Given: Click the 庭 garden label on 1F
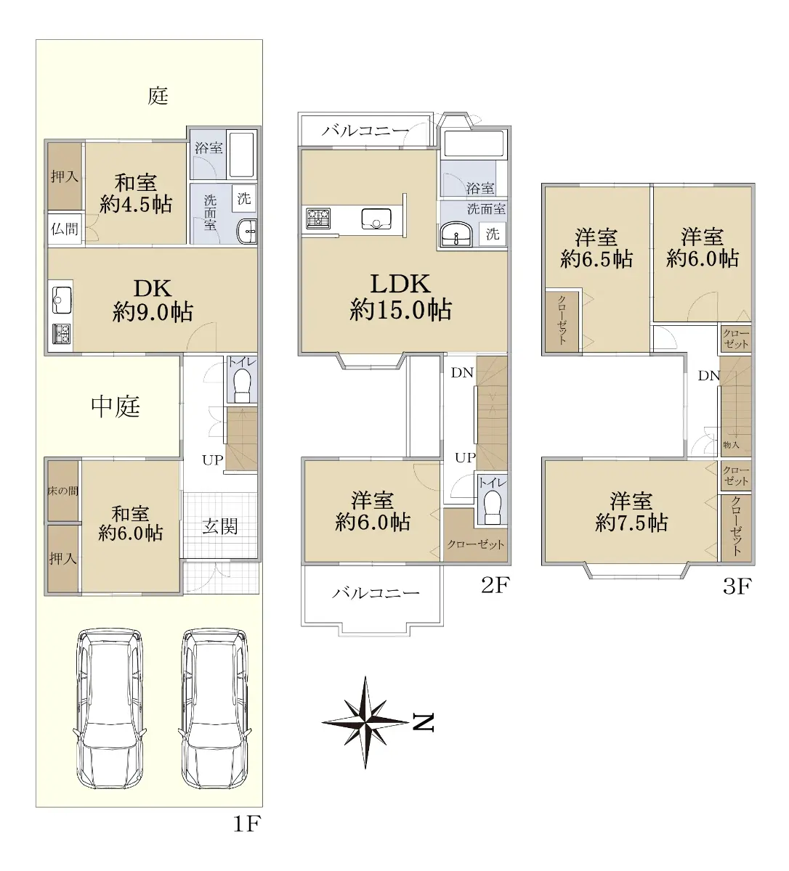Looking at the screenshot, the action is click(158, 96).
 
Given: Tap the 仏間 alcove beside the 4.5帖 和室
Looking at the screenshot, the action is click(65, 229).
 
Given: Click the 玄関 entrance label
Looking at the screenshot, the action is click(220, 526).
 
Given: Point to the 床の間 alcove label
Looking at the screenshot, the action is click(63, 491).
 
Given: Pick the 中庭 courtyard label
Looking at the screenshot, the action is click(116, 406).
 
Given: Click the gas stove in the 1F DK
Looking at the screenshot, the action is click(61, 334).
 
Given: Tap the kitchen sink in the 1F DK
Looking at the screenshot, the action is click(62, 300).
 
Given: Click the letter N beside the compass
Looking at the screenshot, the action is click(423, 723).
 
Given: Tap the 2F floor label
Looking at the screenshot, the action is click(495, 585).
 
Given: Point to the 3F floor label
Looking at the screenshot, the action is click(737, 586).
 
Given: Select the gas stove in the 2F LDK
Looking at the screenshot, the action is click(318, 218).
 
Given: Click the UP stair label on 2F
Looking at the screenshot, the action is click(466, 457).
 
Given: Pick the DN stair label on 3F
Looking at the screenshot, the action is click(709, 375).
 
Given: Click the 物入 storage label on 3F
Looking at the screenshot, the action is click(731, 445).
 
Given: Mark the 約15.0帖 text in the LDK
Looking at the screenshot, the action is click(400, 310).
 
